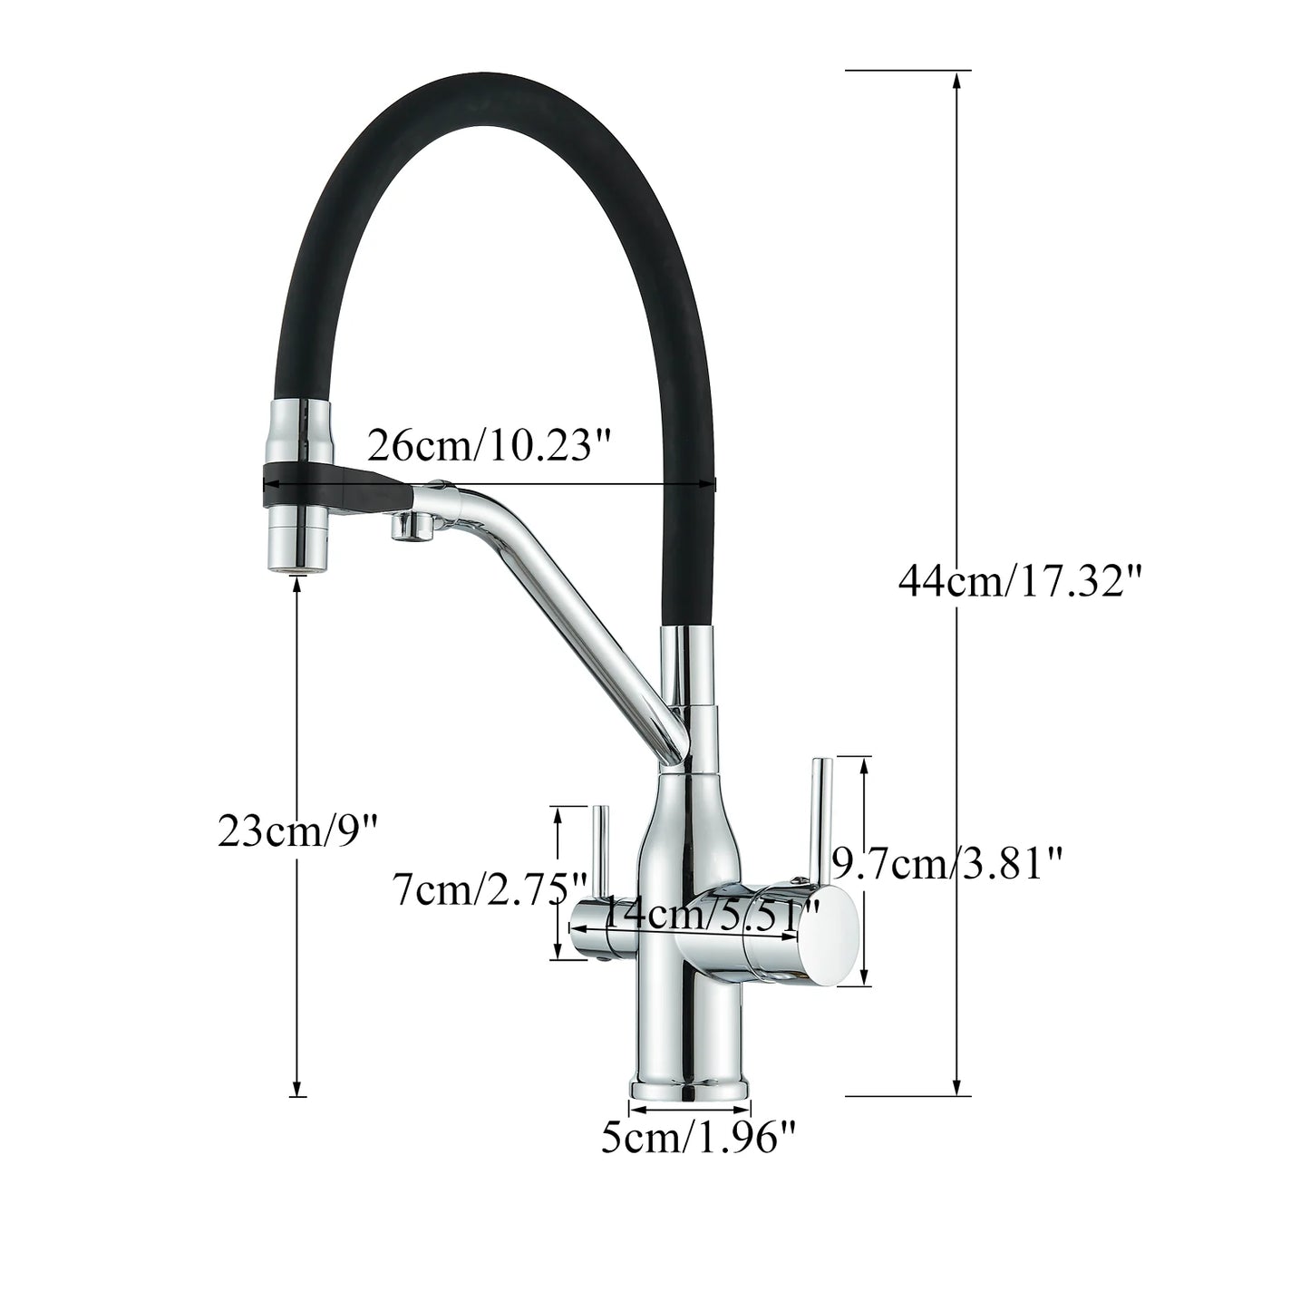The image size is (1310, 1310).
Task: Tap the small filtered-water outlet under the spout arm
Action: (406, 527)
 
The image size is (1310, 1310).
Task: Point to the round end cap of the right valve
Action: (831, 936)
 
